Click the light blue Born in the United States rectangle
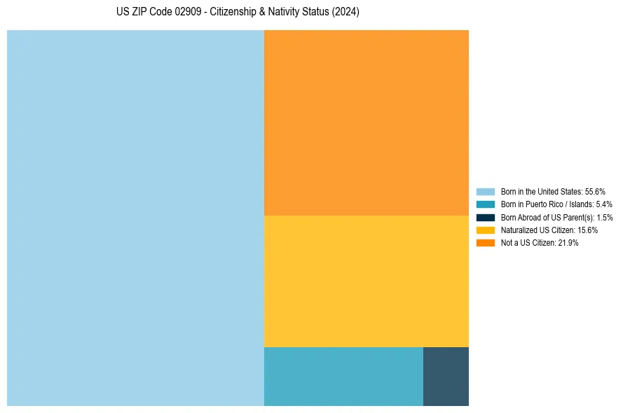135,218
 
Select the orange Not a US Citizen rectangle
366,122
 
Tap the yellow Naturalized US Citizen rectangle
366,281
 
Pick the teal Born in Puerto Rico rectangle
343,376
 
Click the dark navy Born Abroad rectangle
446,376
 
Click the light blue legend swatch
486,191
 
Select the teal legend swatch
486,204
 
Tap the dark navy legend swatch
486,217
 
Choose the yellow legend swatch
486,230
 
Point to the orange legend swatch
486,243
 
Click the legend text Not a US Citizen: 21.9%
540,243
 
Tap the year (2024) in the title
346,13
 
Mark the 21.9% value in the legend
568,243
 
